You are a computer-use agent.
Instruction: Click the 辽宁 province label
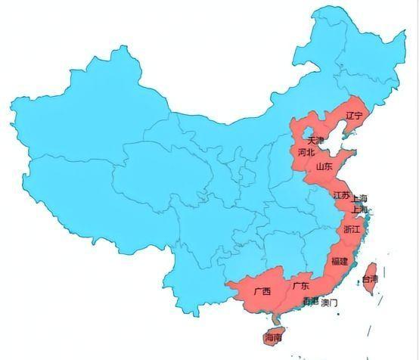coord(354,116)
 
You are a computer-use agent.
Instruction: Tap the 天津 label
coord(315,141)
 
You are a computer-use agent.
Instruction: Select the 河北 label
coord(306,152)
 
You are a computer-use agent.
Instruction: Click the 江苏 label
coord(341,195)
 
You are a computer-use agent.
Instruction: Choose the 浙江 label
coord(352,228)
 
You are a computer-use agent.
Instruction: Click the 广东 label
coord(300,286)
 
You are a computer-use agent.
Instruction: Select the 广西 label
coord(262,291)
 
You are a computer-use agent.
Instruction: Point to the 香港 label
coord(310,302)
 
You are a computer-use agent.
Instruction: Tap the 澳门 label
coord(330,303)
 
